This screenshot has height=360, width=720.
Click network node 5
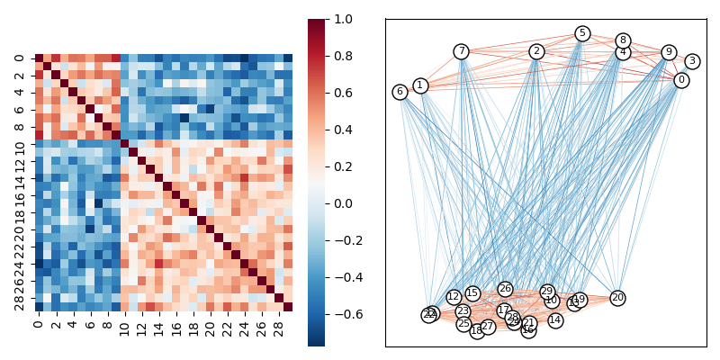coord(582,33)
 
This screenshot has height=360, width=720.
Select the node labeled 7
coord(461,51)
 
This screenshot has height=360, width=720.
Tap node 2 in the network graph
coord(536,51)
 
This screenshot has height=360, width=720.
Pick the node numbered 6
coord(400,92)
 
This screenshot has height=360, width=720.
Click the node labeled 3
coord(691,61)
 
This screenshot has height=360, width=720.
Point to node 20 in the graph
coord(617,298)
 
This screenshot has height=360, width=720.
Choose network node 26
coord(505,289)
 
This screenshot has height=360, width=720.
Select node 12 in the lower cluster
coord(454,297)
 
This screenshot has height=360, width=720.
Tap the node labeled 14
coord(555,320)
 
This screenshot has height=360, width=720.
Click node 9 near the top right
coord(669,52)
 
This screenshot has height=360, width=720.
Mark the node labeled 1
coord(420,85)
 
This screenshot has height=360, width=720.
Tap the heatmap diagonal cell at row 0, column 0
coord(39,58)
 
